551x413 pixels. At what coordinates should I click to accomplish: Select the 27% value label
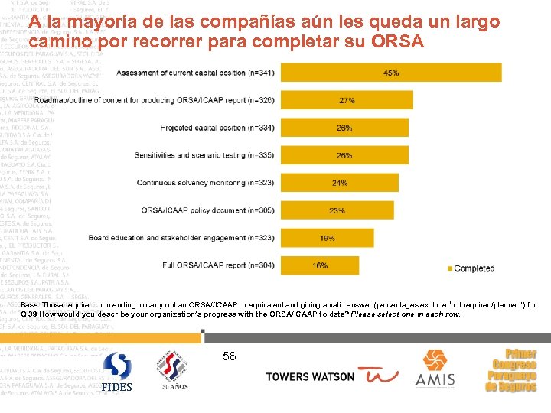(346, 100)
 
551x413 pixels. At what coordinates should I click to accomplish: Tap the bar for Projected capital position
(344, 128)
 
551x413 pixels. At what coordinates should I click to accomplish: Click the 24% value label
(340, 183)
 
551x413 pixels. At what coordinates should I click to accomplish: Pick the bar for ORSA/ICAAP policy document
(337, 210)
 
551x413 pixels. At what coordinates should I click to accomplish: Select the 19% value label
(328, 238)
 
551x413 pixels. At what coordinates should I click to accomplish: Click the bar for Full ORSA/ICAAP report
(321, 265)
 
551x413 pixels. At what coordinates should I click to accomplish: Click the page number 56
(229, 356)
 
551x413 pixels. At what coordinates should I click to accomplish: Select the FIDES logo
(118, 372)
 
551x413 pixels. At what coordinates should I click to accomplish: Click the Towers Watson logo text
(310, 376)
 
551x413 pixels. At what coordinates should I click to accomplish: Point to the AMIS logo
(435, 369)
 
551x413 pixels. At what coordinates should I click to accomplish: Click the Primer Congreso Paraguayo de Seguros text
(512, 371)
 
